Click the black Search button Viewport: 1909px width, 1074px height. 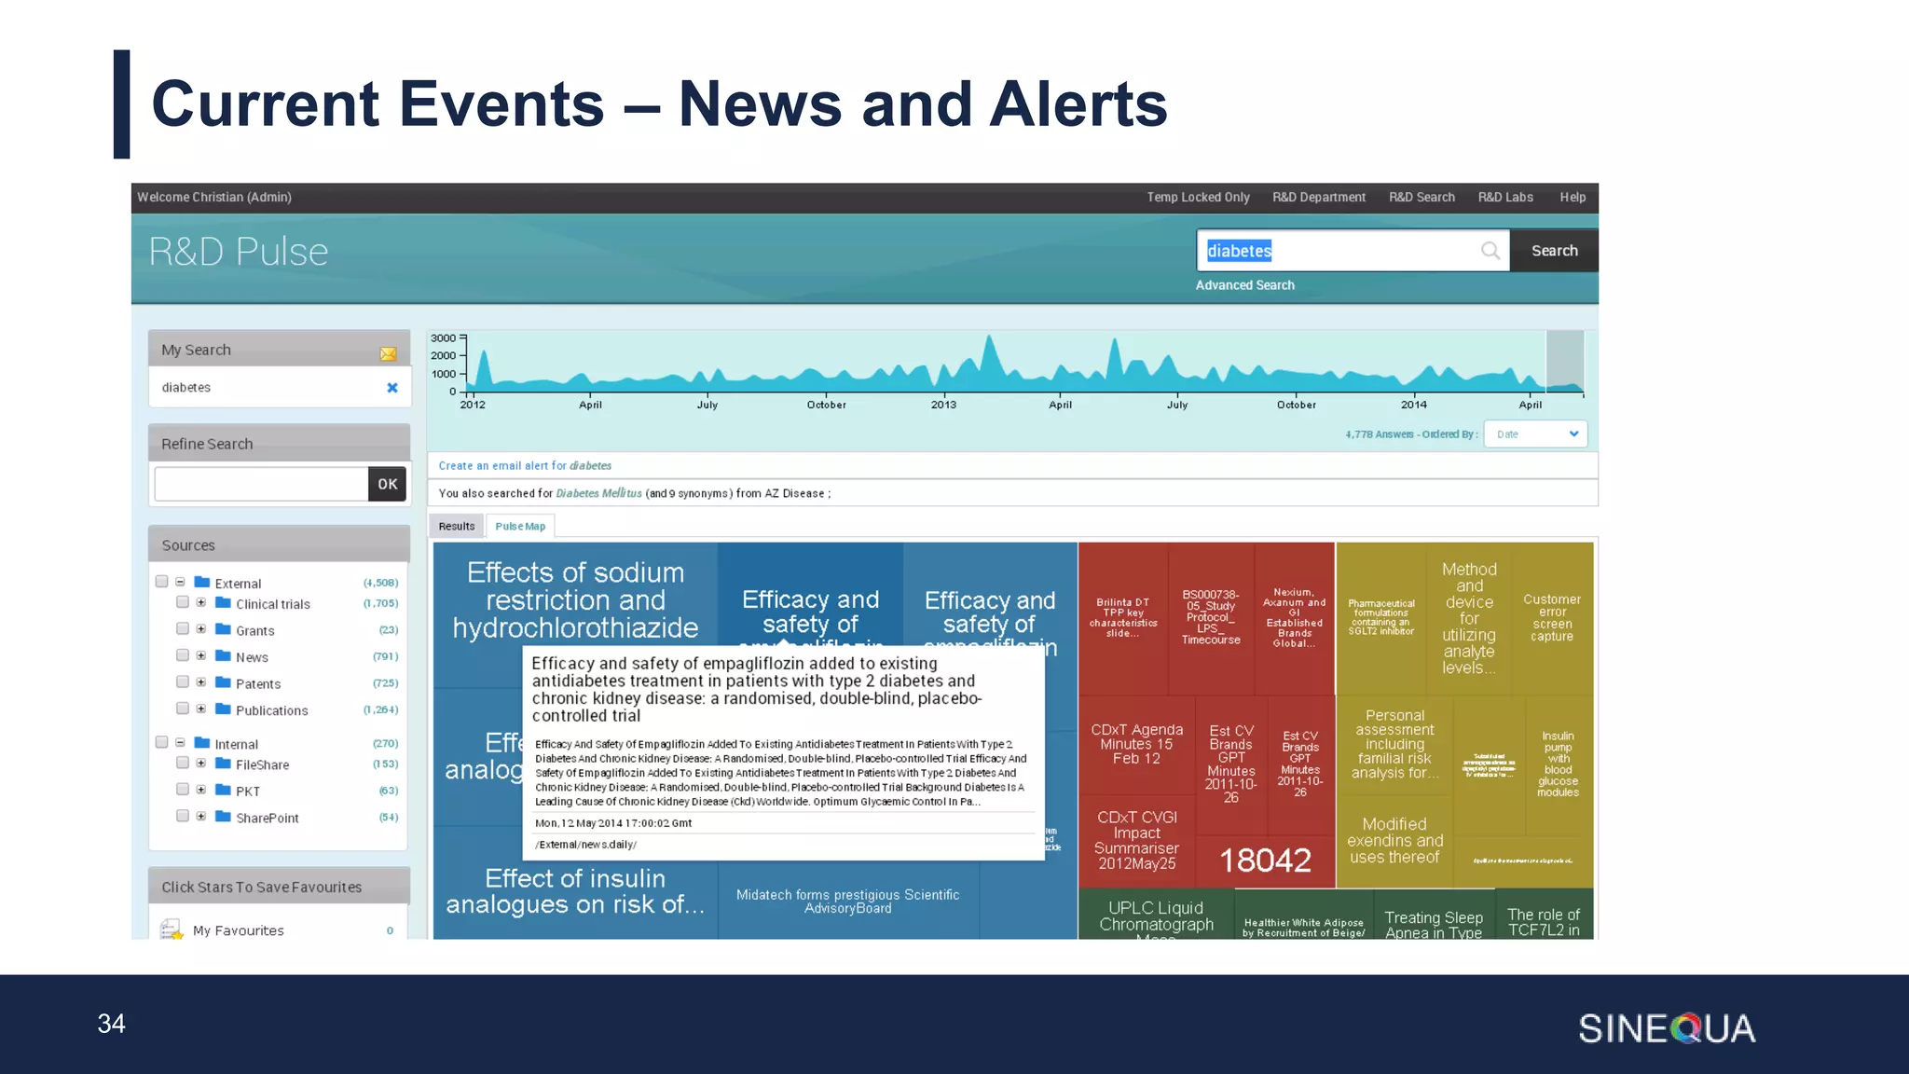tap(1554, 251)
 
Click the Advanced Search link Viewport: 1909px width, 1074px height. tap(1244, 285)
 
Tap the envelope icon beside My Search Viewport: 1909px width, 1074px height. tap(388, 353)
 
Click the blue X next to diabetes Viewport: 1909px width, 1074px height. tap(392, 388)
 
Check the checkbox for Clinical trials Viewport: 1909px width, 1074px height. tap(183, 603)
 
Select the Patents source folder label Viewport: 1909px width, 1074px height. tap(258, 684)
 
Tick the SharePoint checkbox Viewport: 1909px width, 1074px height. tap(183, 817)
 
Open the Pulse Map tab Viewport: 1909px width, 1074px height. tap(520, 527)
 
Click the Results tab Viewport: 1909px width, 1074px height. tap(457, 527)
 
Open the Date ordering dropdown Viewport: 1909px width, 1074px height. tap(1535, 434)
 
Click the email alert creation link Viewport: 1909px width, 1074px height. tap(525, 466)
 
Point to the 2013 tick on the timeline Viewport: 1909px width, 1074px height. tap(943, 405)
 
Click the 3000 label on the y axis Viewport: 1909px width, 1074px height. tap(444, 338)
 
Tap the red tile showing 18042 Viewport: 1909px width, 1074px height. tap(1265, 860)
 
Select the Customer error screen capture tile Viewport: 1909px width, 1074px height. tap(1552, 618)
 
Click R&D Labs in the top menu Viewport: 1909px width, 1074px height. tap(1505, 198)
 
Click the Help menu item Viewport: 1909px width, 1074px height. tap(1573, 198)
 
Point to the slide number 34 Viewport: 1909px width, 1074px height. tap(112, 1024)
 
